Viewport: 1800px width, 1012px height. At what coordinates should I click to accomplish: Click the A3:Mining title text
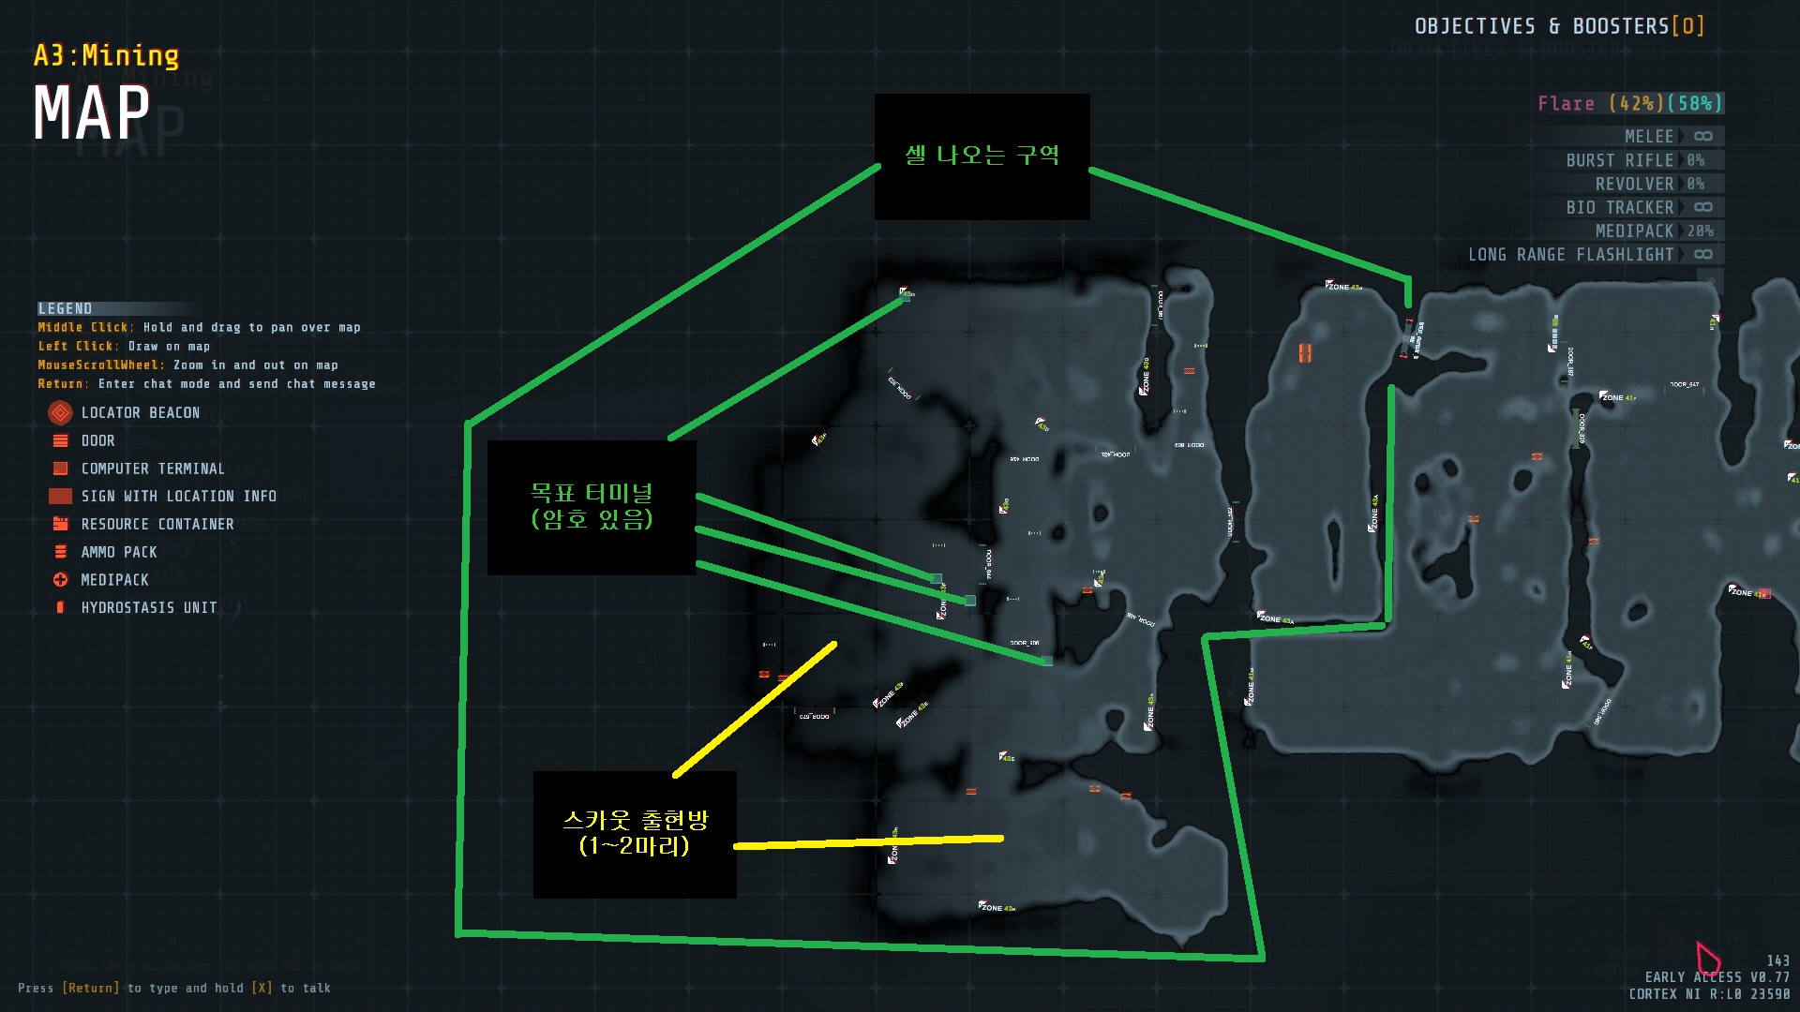[x=106, y=56]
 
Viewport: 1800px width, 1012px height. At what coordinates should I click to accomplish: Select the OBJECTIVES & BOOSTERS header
[x=1558, y=26]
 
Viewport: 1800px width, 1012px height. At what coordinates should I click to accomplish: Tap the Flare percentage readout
[x=1629, y=103]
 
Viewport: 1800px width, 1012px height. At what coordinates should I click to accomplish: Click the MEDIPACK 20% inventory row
[x=1653, y=231]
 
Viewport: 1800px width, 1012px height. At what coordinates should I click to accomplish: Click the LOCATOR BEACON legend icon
[x=60, y=412]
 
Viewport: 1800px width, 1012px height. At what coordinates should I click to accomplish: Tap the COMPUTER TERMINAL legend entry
[x=152, y=469]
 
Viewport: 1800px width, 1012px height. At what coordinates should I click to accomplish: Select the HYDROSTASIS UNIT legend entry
[x=148, y=607]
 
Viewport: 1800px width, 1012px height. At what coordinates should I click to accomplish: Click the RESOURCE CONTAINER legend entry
[x=157, y=524]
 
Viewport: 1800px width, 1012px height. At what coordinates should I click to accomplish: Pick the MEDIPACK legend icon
[x=60, y=580]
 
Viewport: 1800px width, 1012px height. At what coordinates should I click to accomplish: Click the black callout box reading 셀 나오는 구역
[x=982, y=156]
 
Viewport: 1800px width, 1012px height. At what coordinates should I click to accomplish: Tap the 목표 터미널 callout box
[x=592, y=507]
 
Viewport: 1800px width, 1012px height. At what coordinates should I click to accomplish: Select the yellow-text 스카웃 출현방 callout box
[x=635, y=834]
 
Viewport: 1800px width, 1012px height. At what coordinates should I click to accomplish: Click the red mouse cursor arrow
[x=1705, y=957]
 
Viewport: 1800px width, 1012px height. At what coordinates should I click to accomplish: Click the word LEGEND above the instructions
[x=65, y=308]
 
